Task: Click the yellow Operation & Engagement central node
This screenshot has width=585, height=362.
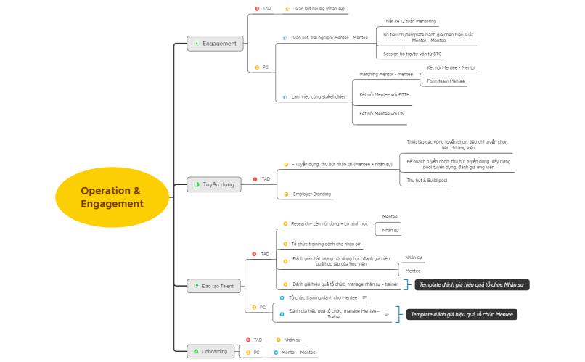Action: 112,197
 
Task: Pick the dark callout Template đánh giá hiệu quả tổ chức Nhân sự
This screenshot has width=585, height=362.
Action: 472,285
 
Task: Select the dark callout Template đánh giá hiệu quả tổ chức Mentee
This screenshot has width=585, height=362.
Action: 462,314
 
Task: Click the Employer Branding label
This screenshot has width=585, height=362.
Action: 312,194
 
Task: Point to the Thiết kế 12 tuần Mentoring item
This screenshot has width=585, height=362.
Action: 409,21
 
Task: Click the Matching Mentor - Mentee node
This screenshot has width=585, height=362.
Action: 385,74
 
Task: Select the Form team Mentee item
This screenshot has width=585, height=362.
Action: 446,81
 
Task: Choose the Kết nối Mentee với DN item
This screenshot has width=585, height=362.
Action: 382,114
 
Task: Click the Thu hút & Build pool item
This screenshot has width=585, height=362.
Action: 427,180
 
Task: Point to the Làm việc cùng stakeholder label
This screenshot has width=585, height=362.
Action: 318,96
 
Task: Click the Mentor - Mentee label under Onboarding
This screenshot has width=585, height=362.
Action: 298,352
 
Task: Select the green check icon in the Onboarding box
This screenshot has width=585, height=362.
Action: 195,351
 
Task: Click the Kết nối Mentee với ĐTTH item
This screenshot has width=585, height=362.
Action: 384,94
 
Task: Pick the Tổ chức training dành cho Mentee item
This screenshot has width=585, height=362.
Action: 322,297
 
